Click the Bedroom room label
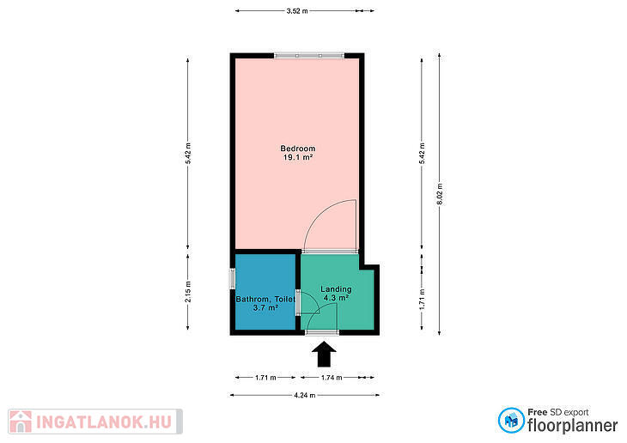coord(298,149)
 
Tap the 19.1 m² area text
coord(298,157)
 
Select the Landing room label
coord(337,288)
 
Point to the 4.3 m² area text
coord(337,298)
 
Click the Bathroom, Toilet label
coord(265,299)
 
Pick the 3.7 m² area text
coord(265,308)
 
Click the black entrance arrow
coord(324,354)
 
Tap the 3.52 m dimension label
coord(297,11)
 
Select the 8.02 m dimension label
coord(440,194)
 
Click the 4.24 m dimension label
coord(305,396)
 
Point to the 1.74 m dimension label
coord(332,378)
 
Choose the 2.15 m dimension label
coord(188,292)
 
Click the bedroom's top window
coord(309,56)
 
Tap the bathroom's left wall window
coord(232,279)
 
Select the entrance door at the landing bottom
coord(322,332)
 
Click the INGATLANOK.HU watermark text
coord(104,422)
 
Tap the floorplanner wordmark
coord(572,426)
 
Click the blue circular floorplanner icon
coord(511,420)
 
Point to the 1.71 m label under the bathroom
coord(265,378)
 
